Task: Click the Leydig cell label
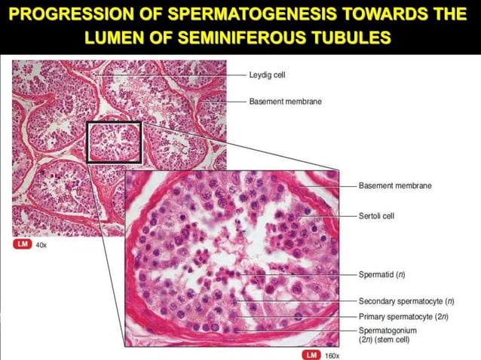267,75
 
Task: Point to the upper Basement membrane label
285,101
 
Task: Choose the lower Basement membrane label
395,186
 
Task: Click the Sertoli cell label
376,215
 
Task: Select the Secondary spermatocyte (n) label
406,301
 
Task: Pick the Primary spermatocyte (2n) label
403,316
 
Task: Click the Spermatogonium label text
388,330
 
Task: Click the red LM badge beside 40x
23,244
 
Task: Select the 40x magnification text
41,245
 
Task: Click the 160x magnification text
332,355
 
